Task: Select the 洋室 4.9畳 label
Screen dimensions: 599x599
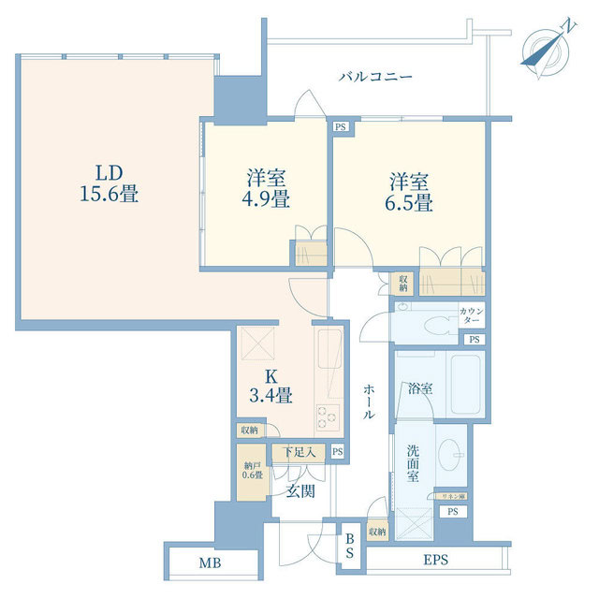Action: (267, 189)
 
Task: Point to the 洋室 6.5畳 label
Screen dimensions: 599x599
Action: (410, 192)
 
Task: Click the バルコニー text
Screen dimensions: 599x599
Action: (375, 78)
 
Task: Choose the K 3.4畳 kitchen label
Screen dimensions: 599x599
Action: (271, 386)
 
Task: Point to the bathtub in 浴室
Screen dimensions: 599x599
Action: (465, 385)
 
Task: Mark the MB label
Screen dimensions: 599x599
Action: (211, 564)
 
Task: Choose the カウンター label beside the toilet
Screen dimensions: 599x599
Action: (472, 315)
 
